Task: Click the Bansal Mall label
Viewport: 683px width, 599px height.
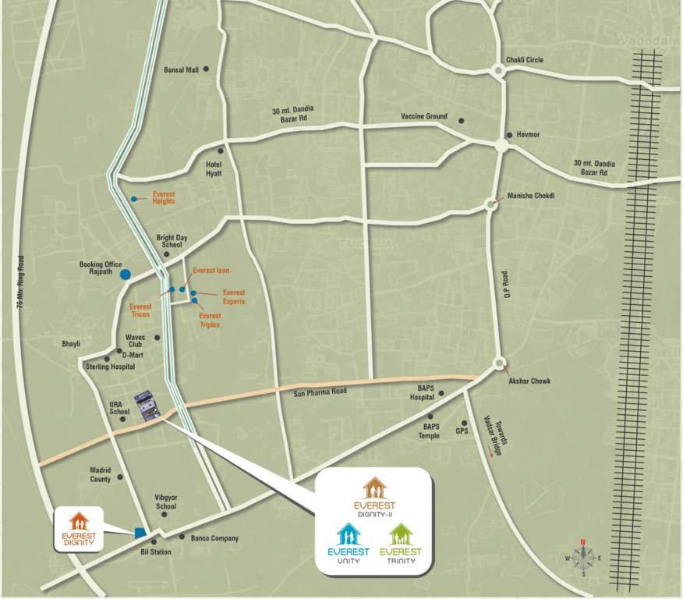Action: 181,69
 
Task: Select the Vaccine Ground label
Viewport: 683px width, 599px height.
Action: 424,116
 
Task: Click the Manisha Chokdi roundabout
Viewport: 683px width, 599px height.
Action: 490,204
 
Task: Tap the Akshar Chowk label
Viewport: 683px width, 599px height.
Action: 529,381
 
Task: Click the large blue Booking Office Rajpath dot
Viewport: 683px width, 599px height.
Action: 125,274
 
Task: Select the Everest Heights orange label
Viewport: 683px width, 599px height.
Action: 164,197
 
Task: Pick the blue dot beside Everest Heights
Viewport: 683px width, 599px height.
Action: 134,200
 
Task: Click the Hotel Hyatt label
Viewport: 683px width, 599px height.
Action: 214,168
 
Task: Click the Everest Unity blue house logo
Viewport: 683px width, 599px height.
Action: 348,536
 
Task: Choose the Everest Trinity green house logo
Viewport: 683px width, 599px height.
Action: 400,535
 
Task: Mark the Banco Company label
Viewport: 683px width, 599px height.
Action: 214,538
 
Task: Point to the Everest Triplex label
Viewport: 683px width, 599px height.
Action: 210,320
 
